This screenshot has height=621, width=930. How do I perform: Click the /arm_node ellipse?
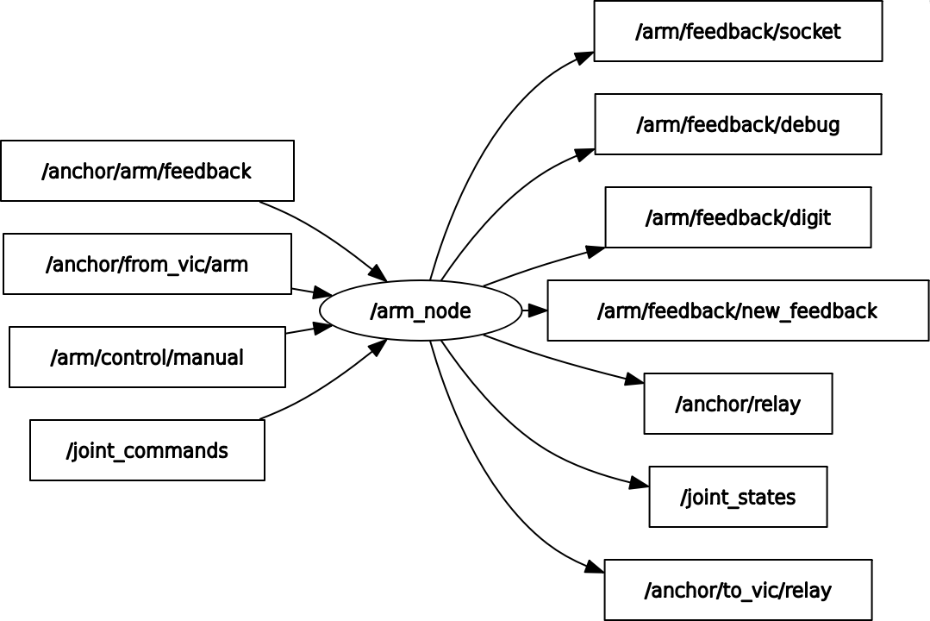pyautogui.click(x=421, y=310)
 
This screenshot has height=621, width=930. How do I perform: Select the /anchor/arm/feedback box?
pyautogui.click(x=147, y=171)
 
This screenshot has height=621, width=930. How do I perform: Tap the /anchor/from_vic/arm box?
pyautogui.click(x=147, y=264)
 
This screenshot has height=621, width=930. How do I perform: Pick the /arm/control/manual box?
pyautogui.click(x=147, y=357)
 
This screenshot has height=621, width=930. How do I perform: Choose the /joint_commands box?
pyautogui.click(x=147, y=450)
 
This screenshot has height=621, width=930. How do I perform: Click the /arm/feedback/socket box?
pyautogui.click(x=738, y=32)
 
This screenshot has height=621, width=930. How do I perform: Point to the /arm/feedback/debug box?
pyautogui.click(x=738, y=125)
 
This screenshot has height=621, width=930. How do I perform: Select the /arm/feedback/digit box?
pyautogui.click(x=738, y=217)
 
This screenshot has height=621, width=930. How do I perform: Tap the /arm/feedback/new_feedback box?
pyautogui.click(x=738, y=310)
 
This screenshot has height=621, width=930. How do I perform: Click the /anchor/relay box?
pyautogui.click(x=738, y=404)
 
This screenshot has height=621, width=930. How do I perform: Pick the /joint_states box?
pyautogui.click(x=738, y=497)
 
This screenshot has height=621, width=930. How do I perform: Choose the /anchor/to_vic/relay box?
pyautogui.click(x=738, y=590)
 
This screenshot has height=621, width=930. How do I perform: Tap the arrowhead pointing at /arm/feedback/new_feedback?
pyautogui.click(x=538, y=310)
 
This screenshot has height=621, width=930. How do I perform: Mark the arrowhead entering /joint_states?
pyautogui.click(x=640, y=484)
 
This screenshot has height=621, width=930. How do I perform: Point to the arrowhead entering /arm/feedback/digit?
pyautogui.click(x=596, y=251)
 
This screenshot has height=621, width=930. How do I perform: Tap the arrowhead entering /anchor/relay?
pyautogui.click(x=634, y=379)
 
